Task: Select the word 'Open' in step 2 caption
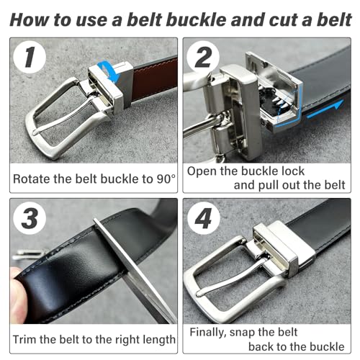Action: point(204,171)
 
